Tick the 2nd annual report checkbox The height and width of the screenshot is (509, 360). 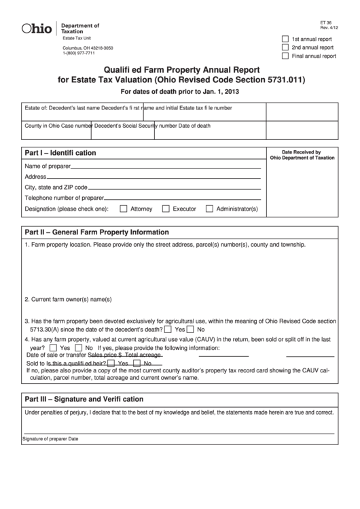[285, 48]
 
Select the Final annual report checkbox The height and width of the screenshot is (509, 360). [285, 56]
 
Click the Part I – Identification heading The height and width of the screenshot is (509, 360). [60, 153]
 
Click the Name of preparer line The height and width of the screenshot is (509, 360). [166, 166]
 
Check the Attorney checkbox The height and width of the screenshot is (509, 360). [124, 209]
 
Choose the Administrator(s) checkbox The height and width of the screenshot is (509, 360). [209, 209]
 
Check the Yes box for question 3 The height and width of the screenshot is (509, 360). [169, 329]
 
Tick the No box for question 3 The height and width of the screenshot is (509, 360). [191, 329]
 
